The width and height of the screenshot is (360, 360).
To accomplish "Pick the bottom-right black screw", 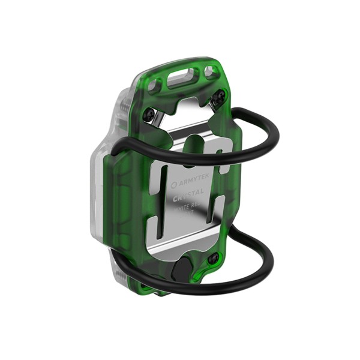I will tap(213, 259).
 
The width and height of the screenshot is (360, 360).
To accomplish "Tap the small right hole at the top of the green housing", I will tap(210, 73).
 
